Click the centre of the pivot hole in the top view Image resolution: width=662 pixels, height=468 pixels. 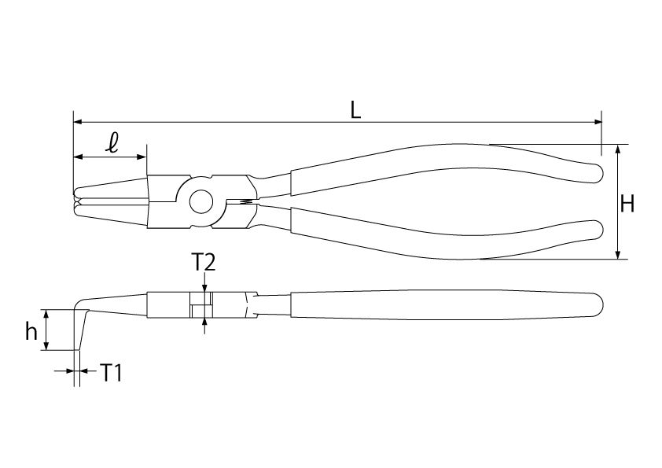pyautogui.click(x=201, y=202)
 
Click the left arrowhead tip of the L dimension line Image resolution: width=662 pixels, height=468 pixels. pyautogui.click(x=74, y=122)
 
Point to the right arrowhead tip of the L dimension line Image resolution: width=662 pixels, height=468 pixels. pyautogui.click(x=601, y=122)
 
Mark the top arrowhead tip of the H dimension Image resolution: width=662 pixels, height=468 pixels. pyautogui.click(x=618, y=145)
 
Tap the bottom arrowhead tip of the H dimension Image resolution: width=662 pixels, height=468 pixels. pyautogui.click(x=618, y=259)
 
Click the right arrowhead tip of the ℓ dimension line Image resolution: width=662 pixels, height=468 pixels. pyautogui.click(x=146, y=157)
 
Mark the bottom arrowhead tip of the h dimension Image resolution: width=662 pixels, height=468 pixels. pyautogui.click(x=47, y=350)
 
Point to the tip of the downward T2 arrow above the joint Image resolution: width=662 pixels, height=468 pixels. pyautogui.click(x=204, y=293)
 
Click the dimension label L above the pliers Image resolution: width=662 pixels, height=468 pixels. pyautogui.click(x=356, y=110)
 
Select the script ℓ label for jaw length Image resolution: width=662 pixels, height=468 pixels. pyautogui.click(x=112, y=143)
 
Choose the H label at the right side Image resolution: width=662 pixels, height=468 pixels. pyautogui.click(x=628, y=205)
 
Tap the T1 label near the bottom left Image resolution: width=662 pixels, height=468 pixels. pyautogui.click(x=111, y=373)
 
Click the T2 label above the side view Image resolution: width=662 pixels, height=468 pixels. pyautogui.click(x=204, y=263)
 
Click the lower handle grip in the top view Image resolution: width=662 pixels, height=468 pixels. pyautogui.click(x=447, y=233)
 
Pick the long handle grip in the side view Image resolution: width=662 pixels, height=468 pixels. pyautogui.click(x=447, y=305)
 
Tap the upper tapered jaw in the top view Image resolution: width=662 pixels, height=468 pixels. pyautogui.click(x=111, y=189)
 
